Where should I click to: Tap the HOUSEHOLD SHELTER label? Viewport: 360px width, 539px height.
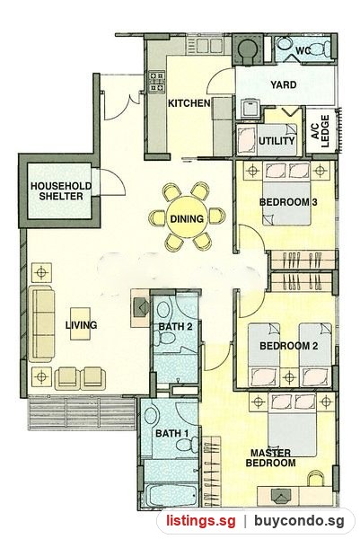pyautogui.click(x=61, y=191)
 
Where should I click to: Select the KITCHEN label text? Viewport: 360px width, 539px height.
pyautogui.click(x=189, y=103)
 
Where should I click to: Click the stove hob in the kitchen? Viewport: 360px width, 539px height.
pyautogui.click(x=156, y=82)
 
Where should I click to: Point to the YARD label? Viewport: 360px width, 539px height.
pyautogui.click(x=284, y=84)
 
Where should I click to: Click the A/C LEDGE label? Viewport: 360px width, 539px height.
pyautogui.click(x=320, y=131)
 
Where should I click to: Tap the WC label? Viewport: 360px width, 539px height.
pyautogui.click(x=303, y=51)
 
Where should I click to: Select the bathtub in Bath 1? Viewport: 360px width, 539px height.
pyautogui.click(x=171, y=495)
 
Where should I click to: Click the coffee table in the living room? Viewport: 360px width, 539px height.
pyautogui.click(x=81, y=323)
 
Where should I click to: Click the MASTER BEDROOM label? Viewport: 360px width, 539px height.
pyautogui.click(x=270, y=458)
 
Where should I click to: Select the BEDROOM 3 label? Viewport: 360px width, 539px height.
pyautogui.click(x=288, y=202)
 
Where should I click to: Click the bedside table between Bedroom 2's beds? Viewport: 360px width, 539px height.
pyautogui.click(x=289, y=377)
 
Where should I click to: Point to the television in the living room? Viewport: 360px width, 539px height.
pyautogui.click(x=140, y=306)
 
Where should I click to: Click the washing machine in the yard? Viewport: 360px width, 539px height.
pyautogui.click(x=250, y=108)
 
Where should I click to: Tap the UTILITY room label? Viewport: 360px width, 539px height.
pyautogui.click(x=277, y=141)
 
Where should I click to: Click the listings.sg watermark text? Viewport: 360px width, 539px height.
pyautogui.click(x=201, y=521)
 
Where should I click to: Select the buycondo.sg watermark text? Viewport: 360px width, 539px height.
pyautogui.click(x=299, y=521)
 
